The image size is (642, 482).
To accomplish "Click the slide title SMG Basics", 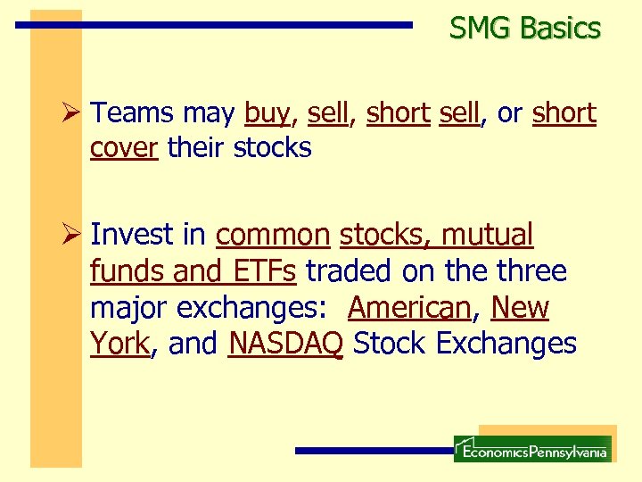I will click(525, 29).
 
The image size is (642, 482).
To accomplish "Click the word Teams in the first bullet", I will click(133, 114).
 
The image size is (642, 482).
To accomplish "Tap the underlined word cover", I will click(124, 148).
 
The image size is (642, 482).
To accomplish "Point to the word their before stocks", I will click(196, 147).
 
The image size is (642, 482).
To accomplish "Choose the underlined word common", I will click(273, 236).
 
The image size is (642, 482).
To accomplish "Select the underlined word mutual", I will click(488, 235).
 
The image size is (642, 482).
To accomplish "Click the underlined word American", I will click(409, 308).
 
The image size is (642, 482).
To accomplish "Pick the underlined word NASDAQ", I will click(285, 344).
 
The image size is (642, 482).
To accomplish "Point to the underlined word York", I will click(119, 344).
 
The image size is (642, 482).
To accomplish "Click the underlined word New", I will click(520, 308).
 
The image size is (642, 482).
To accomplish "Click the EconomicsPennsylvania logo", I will click(532, 449).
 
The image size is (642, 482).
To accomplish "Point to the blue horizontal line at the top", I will click(214, 26).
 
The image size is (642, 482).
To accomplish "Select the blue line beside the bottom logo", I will click(374, 451).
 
